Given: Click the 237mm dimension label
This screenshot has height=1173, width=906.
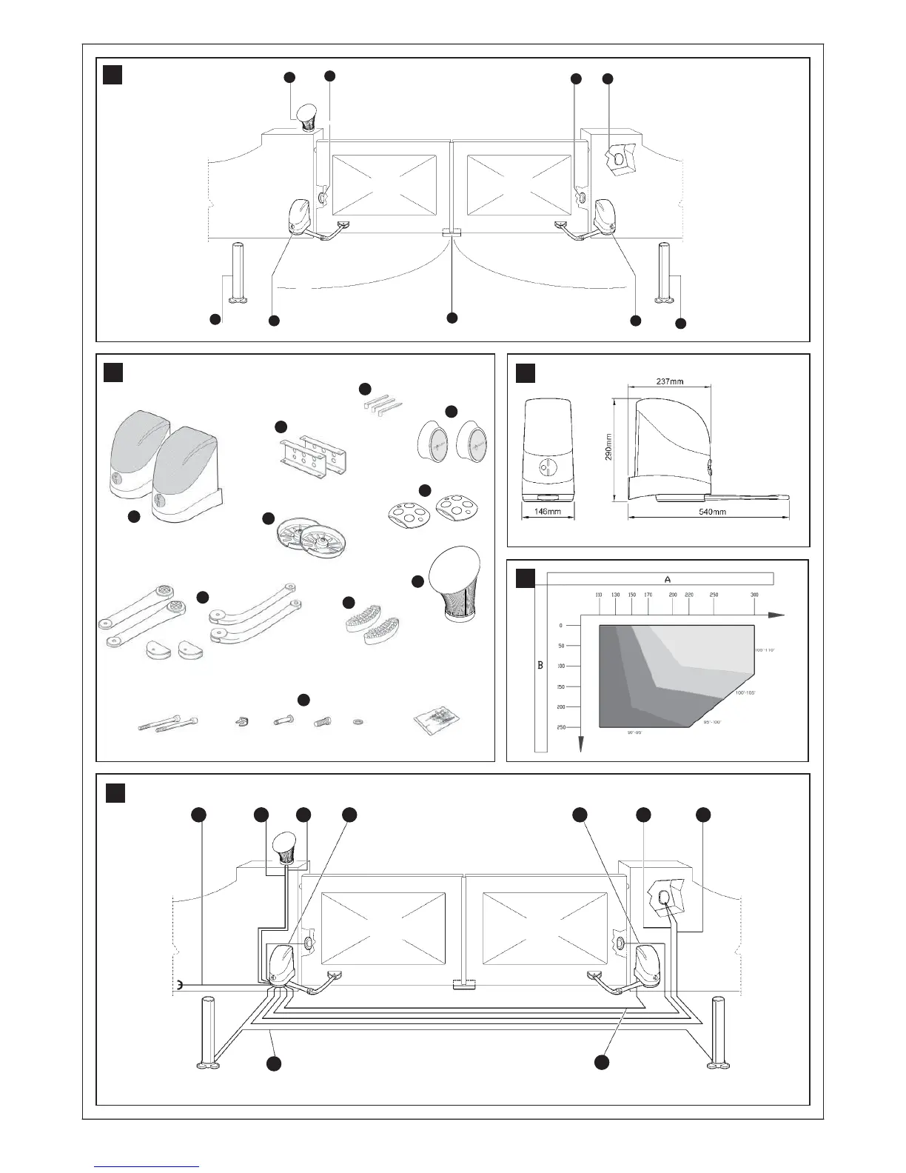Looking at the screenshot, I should [669, 381].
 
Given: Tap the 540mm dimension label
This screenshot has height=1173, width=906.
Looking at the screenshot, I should [711, 512].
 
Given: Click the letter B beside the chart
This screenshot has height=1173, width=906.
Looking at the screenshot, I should [540, 665].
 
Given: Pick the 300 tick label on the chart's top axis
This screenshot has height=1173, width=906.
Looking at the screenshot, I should [754, 595].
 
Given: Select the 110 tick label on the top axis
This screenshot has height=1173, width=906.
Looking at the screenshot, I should [599, 595].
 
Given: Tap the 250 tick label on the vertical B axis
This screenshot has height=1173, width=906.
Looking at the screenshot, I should [560, 727].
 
